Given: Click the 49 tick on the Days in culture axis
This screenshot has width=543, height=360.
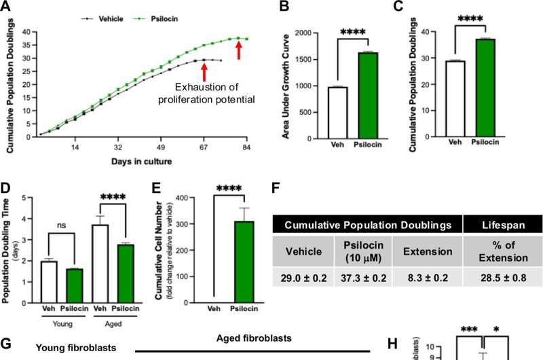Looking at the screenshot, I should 161,147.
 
